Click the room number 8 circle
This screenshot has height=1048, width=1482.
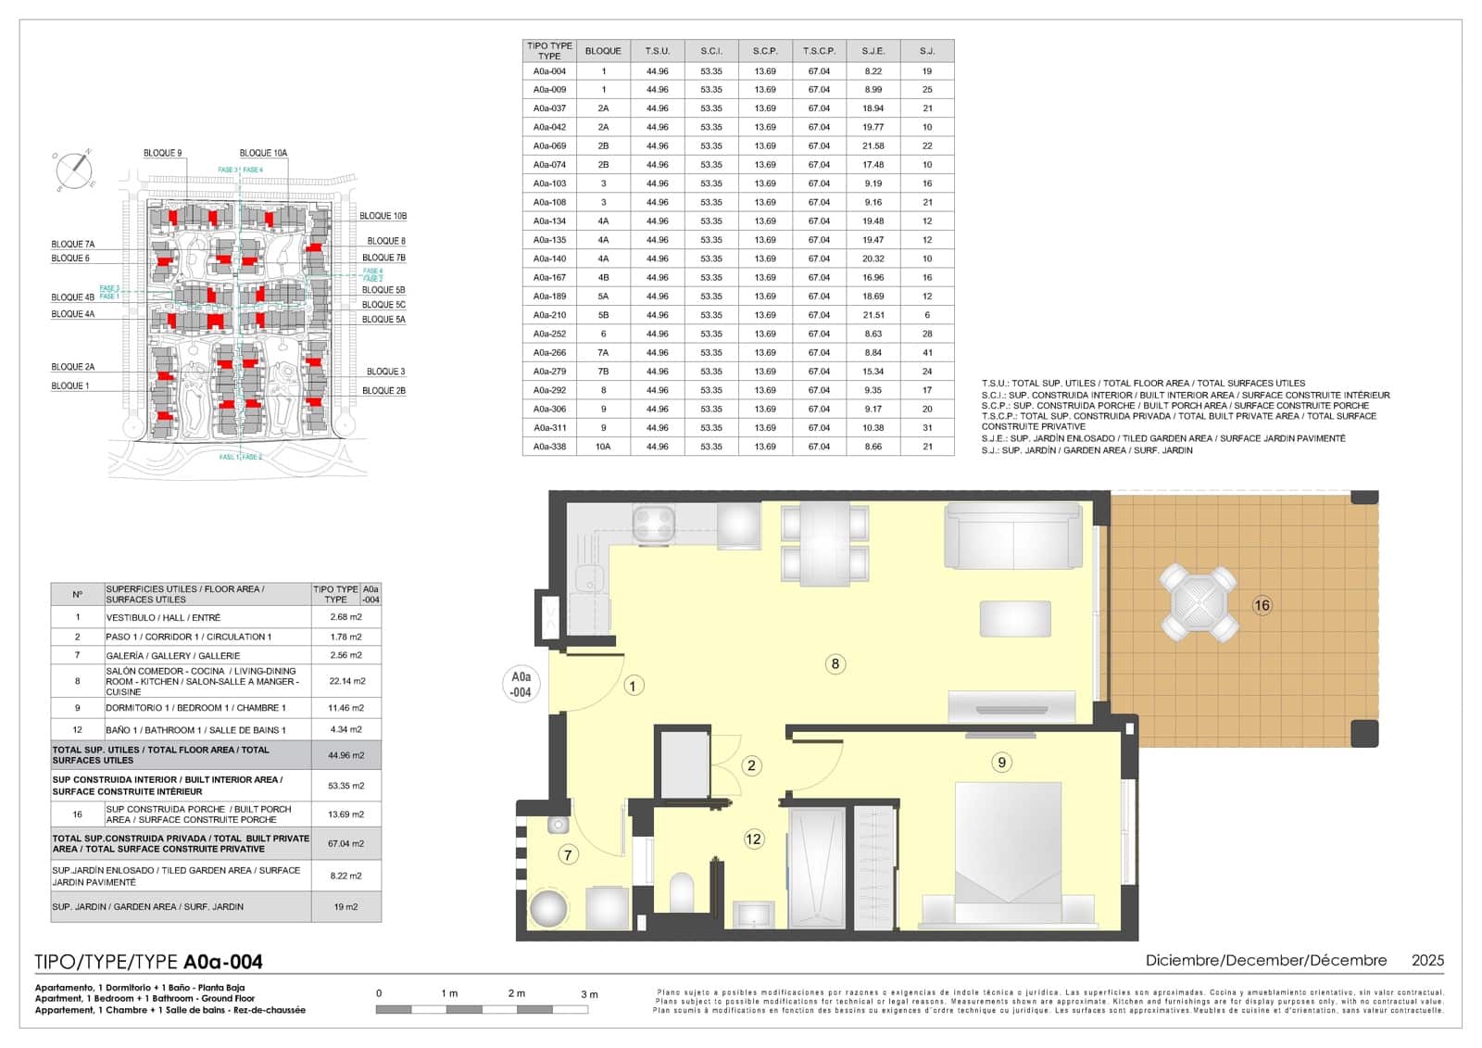(835, 663)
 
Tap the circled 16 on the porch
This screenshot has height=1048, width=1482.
(1262, 605)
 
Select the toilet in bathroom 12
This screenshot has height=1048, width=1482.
(682, 892)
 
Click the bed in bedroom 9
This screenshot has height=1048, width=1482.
(1008, 852)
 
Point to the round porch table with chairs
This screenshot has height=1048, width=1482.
(1199, 604)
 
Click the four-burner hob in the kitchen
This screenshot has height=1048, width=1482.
(653, 524)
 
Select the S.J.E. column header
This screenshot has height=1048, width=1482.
(873, 51)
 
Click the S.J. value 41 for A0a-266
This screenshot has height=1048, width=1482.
(926, 352)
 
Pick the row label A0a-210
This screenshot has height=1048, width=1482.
(549, 315)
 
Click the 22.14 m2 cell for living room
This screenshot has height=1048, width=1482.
(346, 680)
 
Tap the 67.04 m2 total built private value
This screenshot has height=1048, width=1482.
(345, 843)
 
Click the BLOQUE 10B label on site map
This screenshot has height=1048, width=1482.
(383, 216)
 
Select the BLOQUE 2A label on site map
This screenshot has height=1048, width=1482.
(72, 367)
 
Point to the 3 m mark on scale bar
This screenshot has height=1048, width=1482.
(589, 994)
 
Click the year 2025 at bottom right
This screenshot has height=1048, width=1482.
(1426, 960)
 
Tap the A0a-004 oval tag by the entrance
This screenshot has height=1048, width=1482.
(521, 684)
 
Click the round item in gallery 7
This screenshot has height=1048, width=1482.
(548, 908)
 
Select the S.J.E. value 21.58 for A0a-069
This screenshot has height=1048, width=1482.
(873, 145)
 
